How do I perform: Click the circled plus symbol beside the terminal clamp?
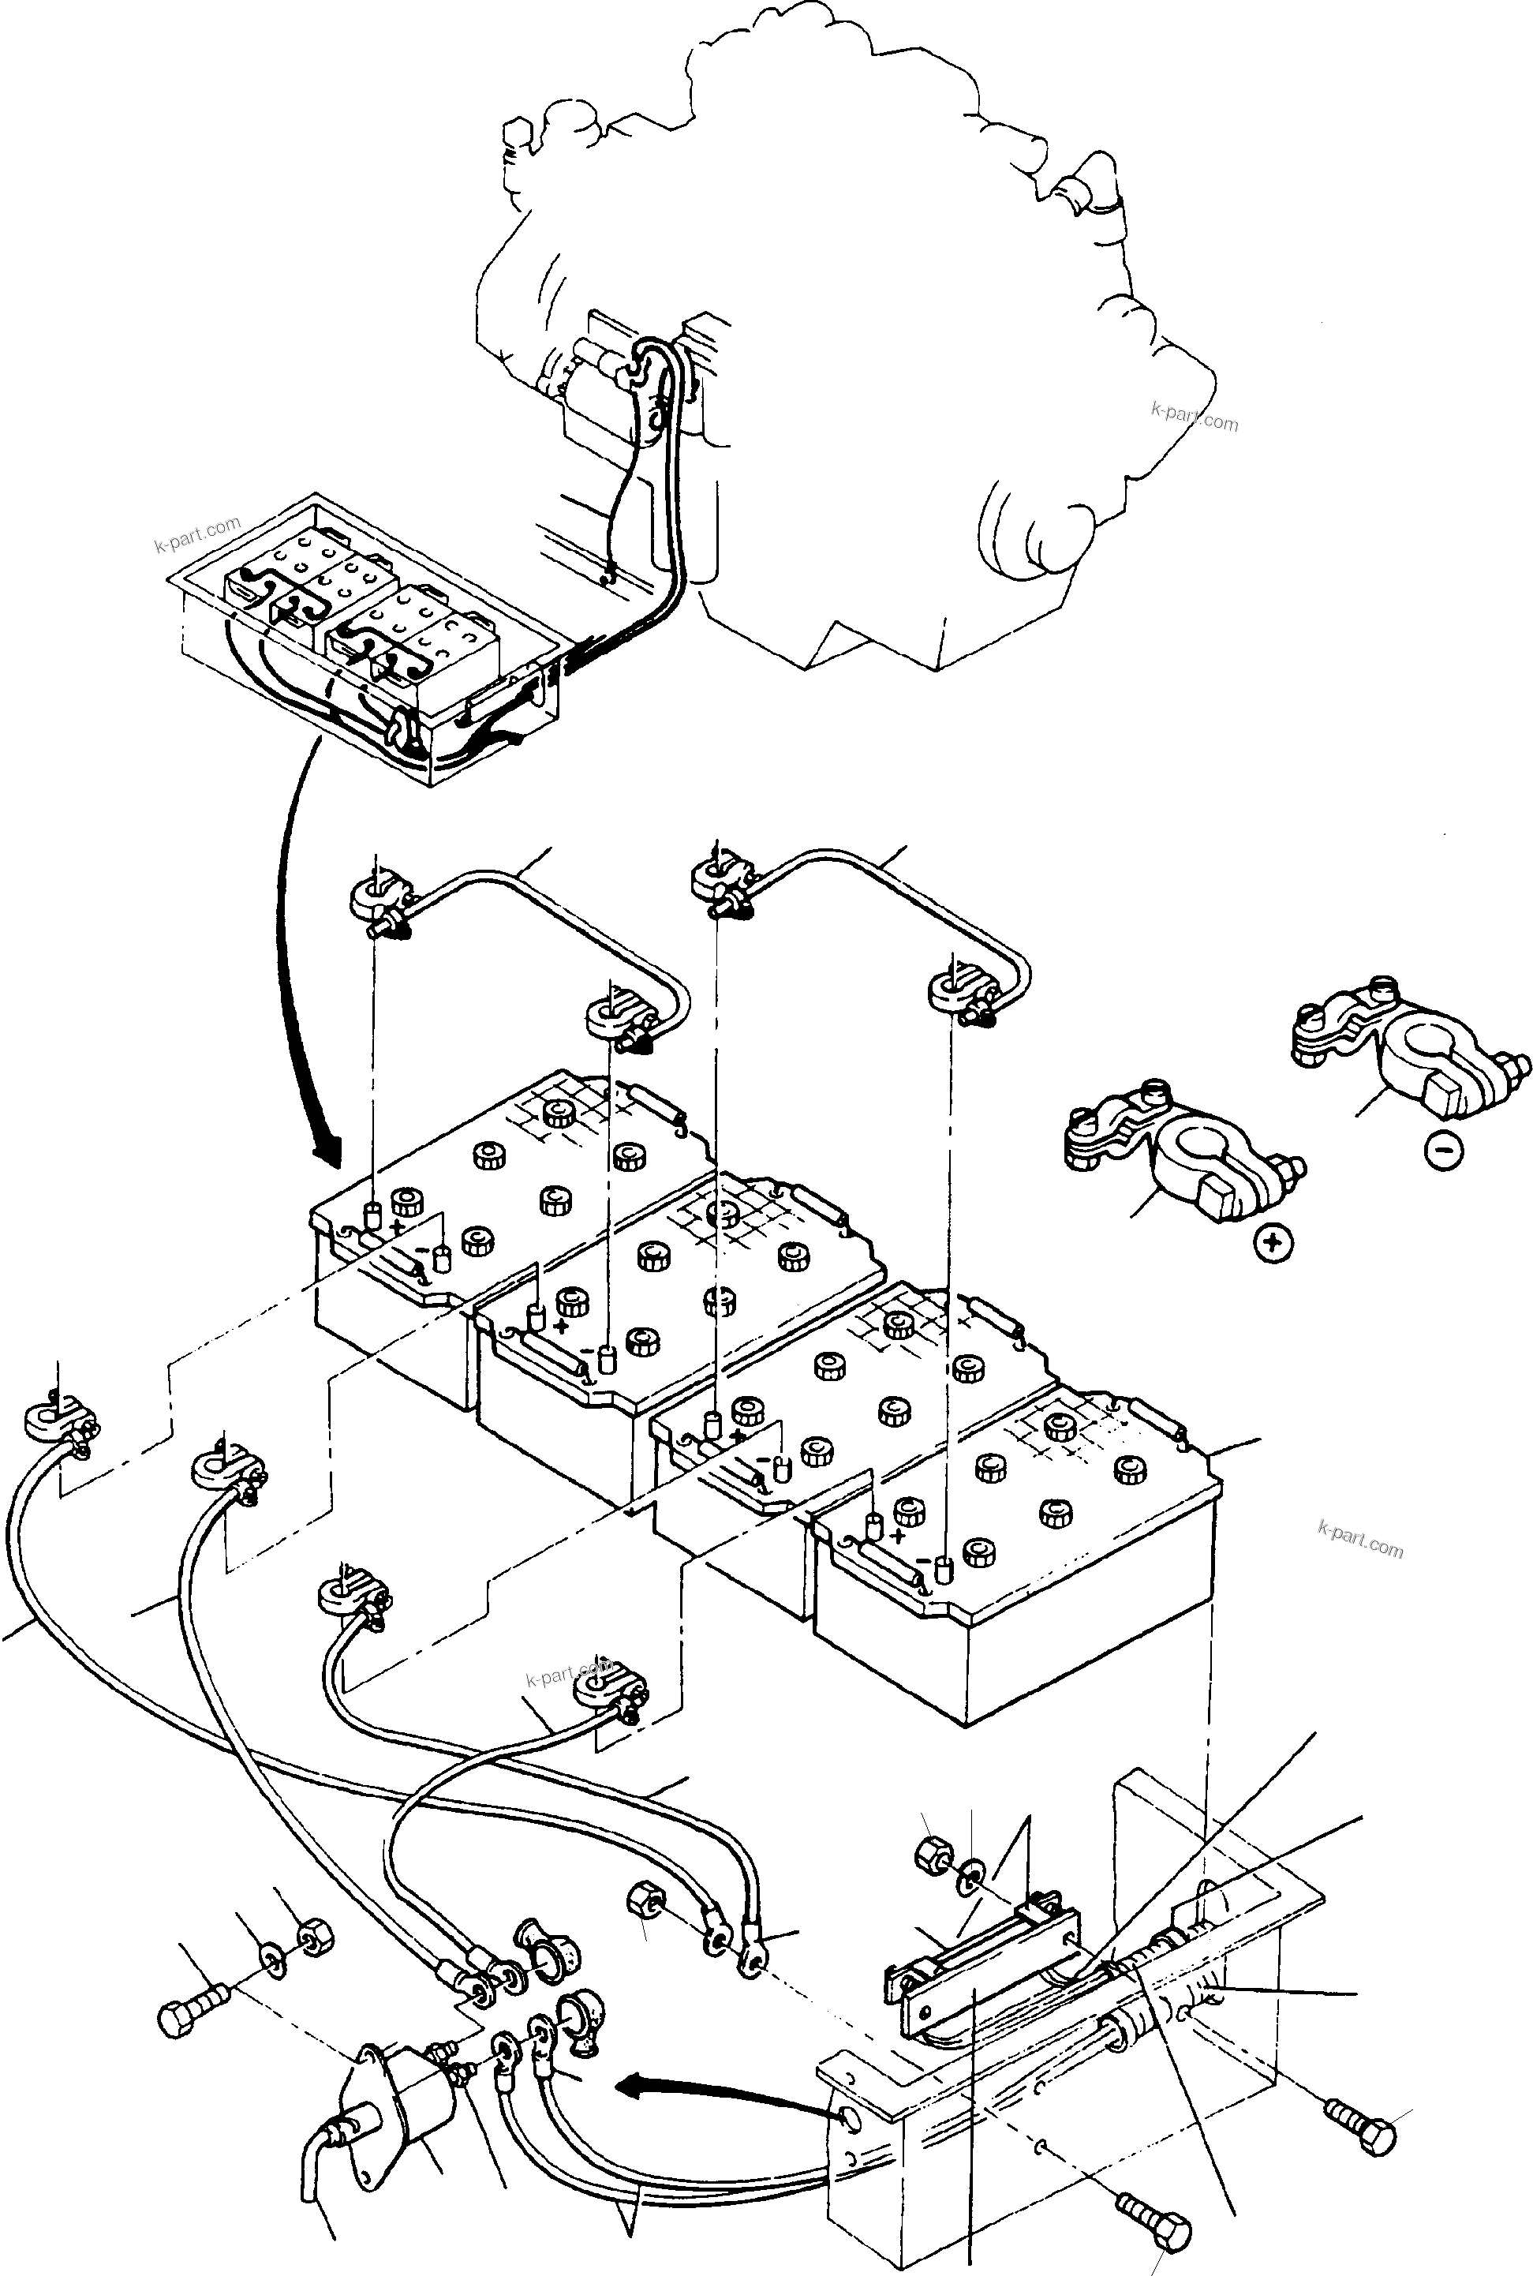[x=1272, y=1244]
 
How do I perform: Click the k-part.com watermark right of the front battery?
[x=1359, y=1540]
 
